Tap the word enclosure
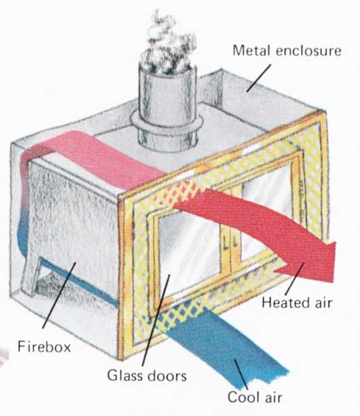[309, 51]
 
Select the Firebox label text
[44, 347]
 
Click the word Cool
[243, 397]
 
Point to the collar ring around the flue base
[167, 125]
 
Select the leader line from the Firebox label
[59, 295]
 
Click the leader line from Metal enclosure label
[259, 78]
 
